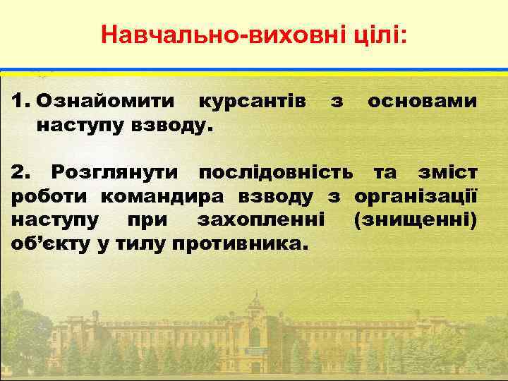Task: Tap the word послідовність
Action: tap(275, 172)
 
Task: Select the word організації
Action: tap(416, 196)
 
